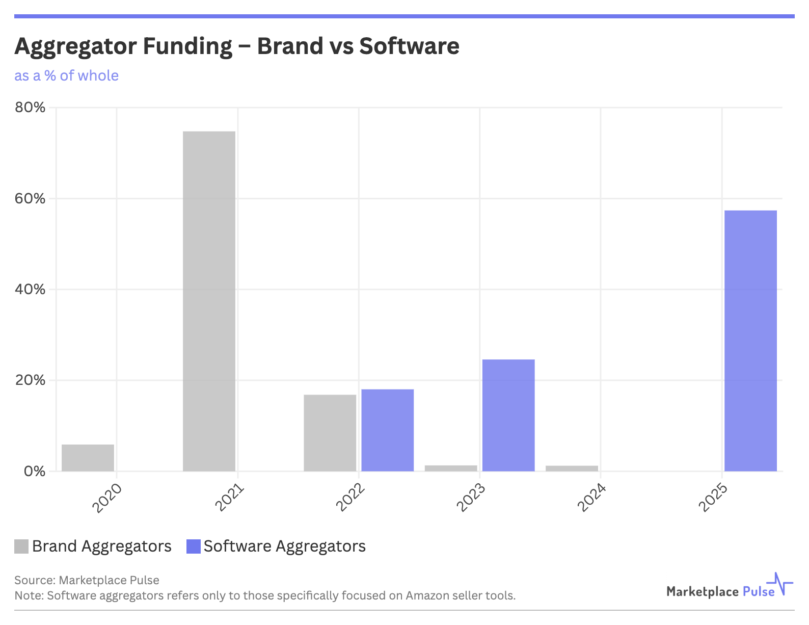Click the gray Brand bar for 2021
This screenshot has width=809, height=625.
[209, 301]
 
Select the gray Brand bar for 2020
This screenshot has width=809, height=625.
[88, 458]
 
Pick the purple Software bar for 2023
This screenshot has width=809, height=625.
[508, 415]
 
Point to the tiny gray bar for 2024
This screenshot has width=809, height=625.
[572, 468]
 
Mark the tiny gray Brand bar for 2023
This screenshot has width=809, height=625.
[451, 468]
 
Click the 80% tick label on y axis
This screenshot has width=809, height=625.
[30, 108]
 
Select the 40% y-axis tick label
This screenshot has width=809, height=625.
[30, 289]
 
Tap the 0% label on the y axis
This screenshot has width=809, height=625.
[34, 471]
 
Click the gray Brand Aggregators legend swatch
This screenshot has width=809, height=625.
[21, 546]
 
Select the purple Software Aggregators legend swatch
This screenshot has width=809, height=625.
[194, 546]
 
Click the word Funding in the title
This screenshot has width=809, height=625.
[187, 46]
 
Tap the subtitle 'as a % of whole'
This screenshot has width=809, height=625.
[66, 75]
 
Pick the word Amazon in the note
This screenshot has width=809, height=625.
[427, 595]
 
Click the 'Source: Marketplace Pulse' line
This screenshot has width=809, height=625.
[87, 580]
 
